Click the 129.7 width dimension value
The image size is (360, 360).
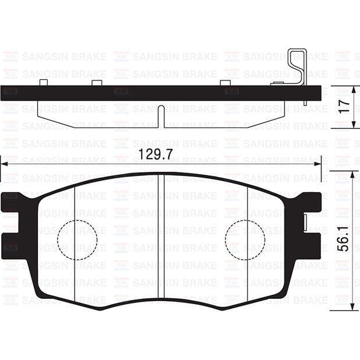[156, 154]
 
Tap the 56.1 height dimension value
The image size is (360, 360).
[344, 239]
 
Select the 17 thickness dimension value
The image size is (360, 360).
[344, 106]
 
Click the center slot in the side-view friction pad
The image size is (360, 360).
[161, 117]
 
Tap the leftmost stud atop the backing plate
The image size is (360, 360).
[44, 83]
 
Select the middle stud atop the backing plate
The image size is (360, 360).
[97, 83]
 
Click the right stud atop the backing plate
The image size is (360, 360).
[225, 83]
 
